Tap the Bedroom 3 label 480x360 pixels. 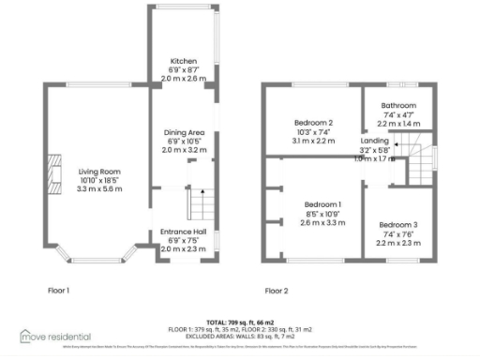click(x=397, y=225)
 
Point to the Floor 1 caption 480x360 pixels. click(x=58, y=291)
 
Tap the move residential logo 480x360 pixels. click(x=55, y=336)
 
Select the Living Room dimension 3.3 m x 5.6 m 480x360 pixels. click(x=99, y=188)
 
